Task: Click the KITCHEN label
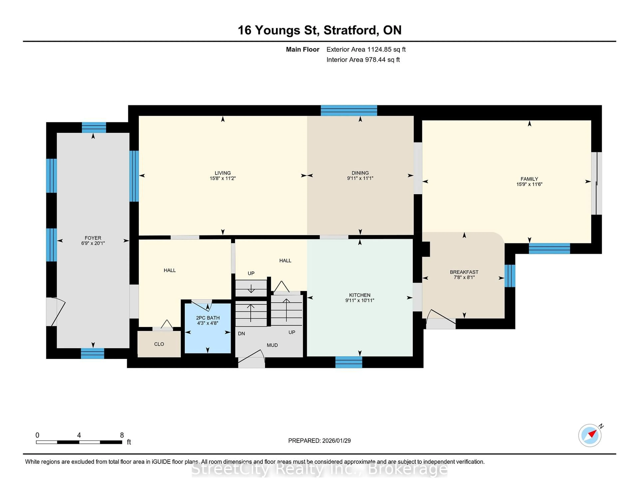click(x=360, y=295)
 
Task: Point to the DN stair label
click(x=241, y=334)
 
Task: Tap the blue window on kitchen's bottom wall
click(x=348, y=362)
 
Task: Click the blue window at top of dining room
click(x=349, y=110)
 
